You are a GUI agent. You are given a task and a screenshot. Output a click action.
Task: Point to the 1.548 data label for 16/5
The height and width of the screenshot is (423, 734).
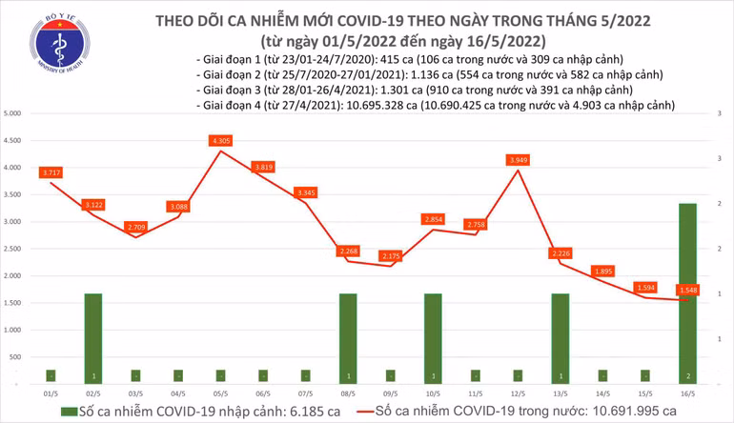[x=687, y=289]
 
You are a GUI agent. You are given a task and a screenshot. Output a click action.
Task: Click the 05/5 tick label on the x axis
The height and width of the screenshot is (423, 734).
[x=220, y=391]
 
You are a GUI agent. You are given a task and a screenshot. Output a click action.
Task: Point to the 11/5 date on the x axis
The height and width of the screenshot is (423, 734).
[x=476, y=391]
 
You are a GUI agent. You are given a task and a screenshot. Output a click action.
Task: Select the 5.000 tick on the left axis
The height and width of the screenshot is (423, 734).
[x=13, y=113]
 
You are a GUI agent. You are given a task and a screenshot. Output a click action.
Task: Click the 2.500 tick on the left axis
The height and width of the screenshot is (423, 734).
[x=13, y=249]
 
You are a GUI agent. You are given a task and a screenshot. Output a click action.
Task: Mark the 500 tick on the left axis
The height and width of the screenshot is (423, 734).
[x=17, y=356]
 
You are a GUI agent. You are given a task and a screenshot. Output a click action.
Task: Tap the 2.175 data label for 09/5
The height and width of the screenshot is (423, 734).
[x=390, y=255]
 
